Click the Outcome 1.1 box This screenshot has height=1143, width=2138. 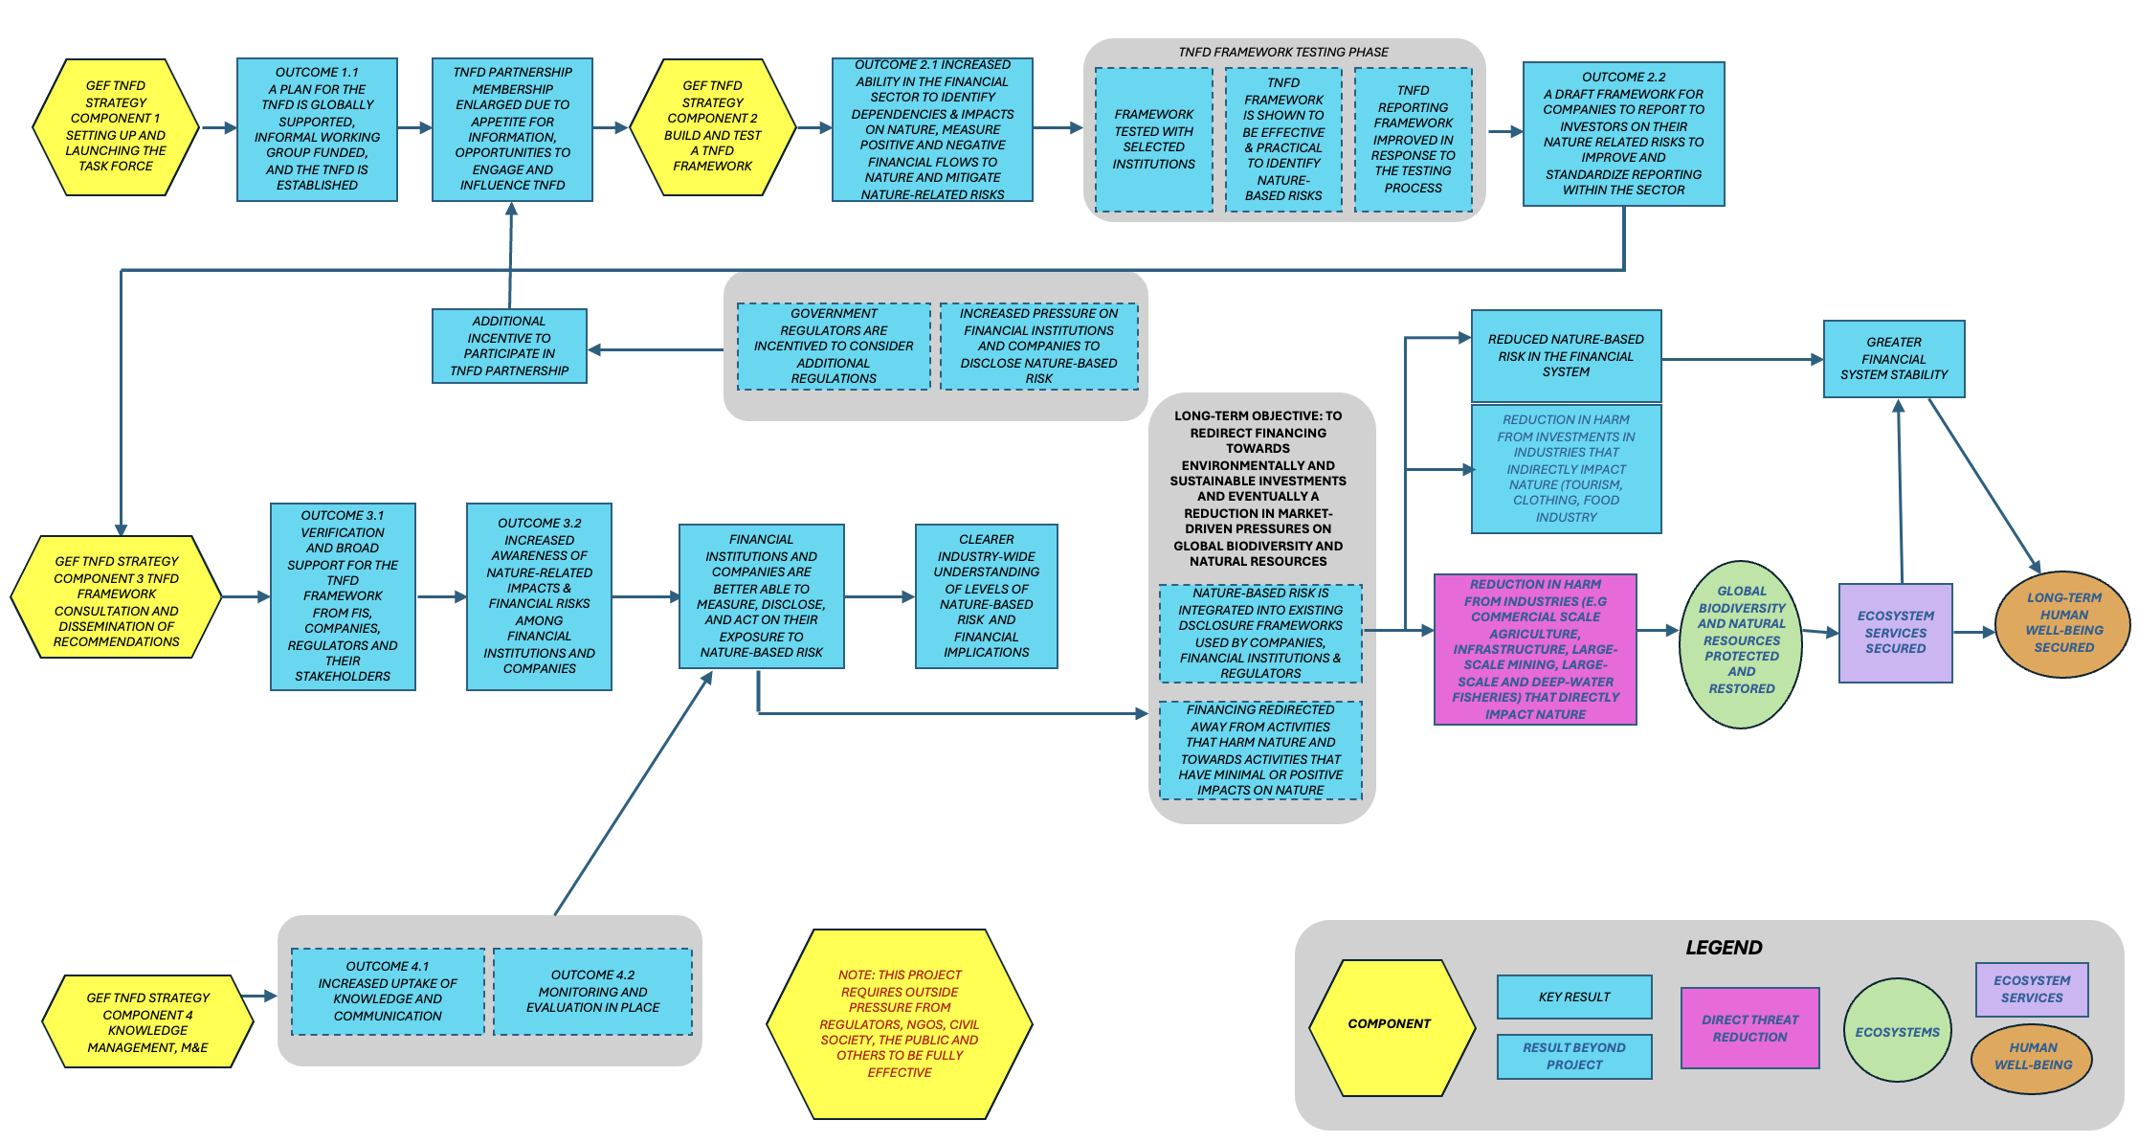(x=317, y=129)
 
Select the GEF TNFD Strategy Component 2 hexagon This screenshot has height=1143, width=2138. (x=712, y=127)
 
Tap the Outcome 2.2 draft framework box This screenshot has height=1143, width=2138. (x=1623, y=134)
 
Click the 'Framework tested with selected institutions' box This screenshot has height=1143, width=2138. (x=1153, y=140)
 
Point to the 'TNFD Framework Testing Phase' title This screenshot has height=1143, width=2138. (x=1282, y=52)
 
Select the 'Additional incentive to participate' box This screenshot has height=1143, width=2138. (x=509, y=346)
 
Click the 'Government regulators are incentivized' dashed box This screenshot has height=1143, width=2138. (x=834, y=346)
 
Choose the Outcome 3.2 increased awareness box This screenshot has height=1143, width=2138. (x=539, y=596)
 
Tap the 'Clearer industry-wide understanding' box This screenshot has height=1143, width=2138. (x=986, y=595)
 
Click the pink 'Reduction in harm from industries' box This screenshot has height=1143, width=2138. (x=1535, y=649)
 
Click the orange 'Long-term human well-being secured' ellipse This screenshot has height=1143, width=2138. (x=2062, y=623)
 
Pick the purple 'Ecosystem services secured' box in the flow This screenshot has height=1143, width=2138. (x=1895, y=633)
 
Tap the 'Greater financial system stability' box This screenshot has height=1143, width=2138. (x=1893, y=358)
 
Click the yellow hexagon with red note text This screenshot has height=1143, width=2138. (x=899, y=1023)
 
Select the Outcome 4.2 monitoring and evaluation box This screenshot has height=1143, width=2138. (x=592, y=992)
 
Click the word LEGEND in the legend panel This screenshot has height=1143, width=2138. (x=1723, y=948)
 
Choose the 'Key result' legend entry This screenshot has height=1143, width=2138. (x=1573, y=997)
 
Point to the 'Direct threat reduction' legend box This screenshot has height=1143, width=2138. (x=1749, y=1028)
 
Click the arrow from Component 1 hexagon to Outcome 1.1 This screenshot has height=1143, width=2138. (x=218, y=127)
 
